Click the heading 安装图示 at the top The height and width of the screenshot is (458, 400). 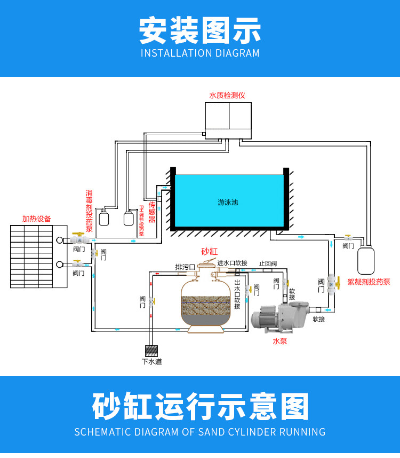click(x=200, y=30)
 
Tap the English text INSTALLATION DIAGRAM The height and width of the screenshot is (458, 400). click(x=200, y=53)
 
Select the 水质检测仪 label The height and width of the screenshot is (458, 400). click(x=227, y=95)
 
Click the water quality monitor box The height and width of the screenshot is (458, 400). click(x=228, y=120)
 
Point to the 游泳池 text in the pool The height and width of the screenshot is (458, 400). click(x=228, y=203)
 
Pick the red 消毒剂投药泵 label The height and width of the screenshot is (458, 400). click(x=89, y=211)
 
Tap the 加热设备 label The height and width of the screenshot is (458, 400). click(x=37, y=219)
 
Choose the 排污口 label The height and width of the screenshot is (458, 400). click(x=185, y=267)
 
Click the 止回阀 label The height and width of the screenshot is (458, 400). click(x=268, y=263)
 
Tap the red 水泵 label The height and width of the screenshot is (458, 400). click(x=279, y=340)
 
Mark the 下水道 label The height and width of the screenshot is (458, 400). click(x=151, y=362)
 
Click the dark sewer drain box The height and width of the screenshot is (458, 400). click(x=151, y=351)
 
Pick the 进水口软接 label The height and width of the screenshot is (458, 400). click(x=232, y=263)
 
